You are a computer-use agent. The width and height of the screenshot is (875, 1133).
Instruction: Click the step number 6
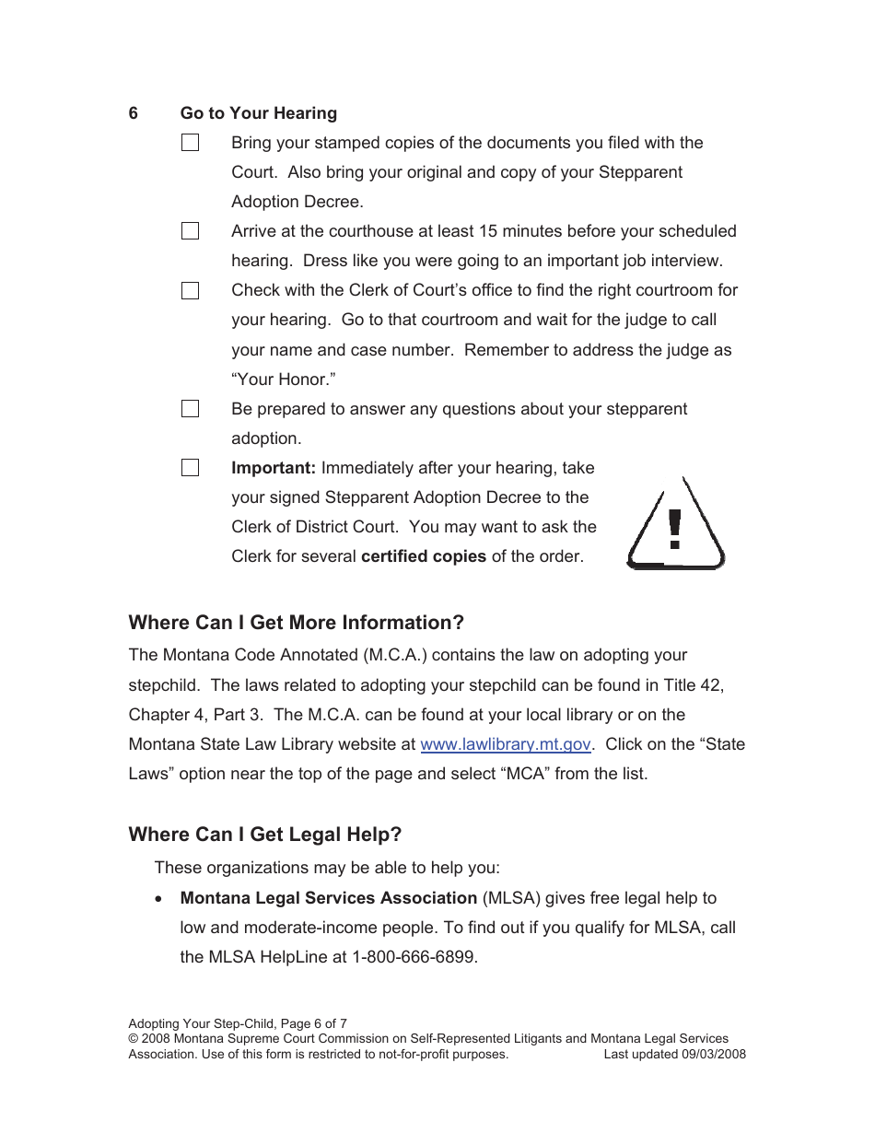pos(134,113)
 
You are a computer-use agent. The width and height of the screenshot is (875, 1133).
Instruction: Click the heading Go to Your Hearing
pos(259,113)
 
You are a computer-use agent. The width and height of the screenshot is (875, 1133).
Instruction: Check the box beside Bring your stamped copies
pos(190,143)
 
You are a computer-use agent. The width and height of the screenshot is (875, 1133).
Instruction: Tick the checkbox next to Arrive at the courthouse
pos(190,231)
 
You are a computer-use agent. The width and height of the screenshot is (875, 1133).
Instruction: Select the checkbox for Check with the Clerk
pos(190,291)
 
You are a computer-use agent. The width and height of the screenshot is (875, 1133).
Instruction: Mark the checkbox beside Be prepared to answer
pos(190,409)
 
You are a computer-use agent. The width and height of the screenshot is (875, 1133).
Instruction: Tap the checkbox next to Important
pos(190,468)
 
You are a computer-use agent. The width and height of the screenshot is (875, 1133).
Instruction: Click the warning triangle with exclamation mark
pos(675,527)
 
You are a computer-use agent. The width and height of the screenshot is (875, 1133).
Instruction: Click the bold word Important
pos(274,468)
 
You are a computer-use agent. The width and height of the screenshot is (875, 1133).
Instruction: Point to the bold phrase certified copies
pos(424,556)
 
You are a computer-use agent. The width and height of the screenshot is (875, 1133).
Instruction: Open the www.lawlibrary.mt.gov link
pos(505,744)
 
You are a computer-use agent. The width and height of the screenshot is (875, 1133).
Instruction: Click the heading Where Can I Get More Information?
pos(297,623)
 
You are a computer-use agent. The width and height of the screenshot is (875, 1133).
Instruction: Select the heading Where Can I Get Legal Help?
pos(265,835)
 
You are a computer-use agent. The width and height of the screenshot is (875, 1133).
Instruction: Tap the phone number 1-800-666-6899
pos(414,957)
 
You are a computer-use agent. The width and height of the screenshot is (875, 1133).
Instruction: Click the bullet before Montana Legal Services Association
pos(161,898)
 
